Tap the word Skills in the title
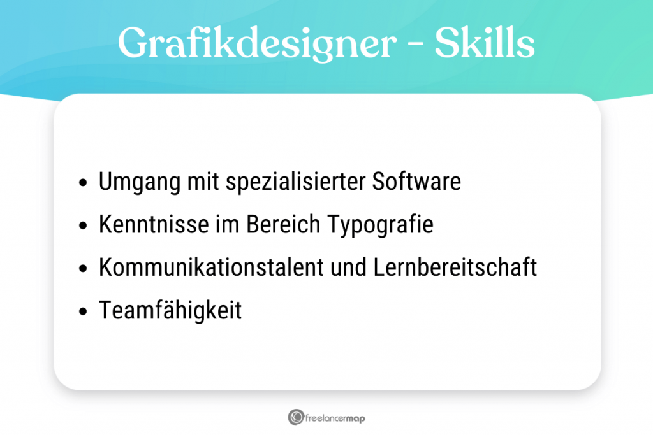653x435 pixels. [x=485, y=43]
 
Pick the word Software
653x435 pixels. [x=416, y=182]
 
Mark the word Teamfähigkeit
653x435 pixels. [x=170, y=311]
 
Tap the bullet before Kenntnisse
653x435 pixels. [x=83, y=227]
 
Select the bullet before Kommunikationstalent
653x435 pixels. [x=83, y=269]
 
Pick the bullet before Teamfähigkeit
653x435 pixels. [x=83, y=312]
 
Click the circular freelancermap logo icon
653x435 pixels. [x=295, y=417]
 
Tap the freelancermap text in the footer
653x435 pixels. [x=335, y=418]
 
